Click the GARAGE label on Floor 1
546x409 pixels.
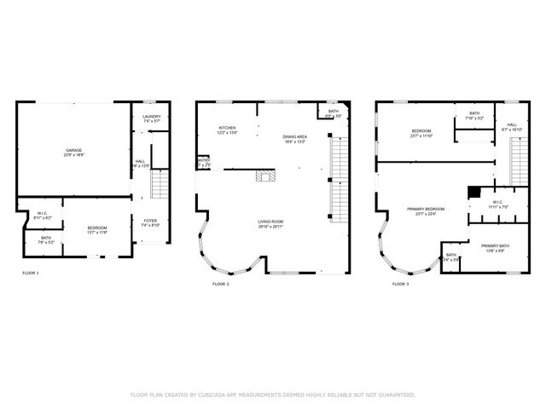coord(74,151)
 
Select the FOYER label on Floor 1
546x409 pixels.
coord(150,221)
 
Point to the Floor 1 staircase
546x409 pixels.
coord(157,183)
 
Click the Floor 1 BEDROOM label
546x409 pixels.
coord(96,228)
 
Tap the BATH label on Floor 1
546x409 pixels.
coord(46,238)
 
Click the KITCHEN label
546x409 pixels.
coord(227,128)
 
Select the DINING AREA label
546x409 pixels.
coord(296,136)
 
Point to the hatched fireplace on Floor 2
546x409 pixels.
coord(265,177)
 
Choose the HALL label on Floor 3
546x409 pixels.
coord(512,124)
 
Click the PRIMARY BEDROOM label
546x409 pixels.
coord(425,209)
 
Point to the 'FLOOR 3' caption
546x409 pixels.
coord(399,283)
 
